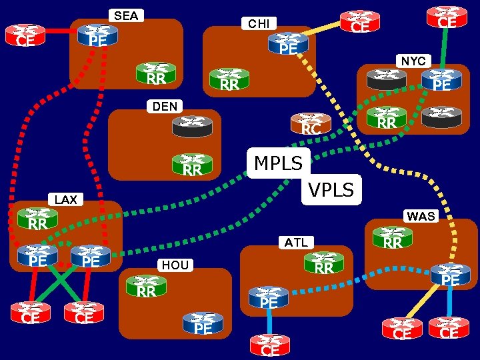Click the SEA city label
coord(126,15)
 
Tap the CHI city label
coord(259,24)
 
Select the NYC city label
coord(413,61)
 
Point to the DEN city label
coord(165,106)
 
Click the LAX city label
coord(66,199)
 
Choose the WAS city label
coord(421,216)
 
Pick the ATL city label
coord(297,242)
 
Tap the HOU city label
coord(175,265)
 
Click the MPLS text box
coord(279,162)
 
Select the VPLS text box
coord(331,189)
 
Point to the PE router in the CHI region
coord(288,44)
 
